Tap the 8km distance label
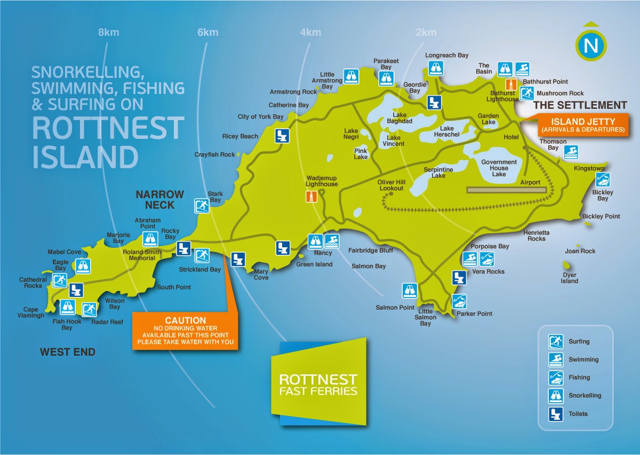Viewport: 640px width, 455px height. (x=108, y=33)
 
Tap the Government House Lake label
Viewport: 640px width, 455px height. (x=499, y=168)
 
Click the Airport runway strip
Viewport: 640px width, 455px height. (x=507, y=190)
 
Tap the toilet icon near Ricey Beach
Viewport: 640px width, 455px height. (x=282, y=136)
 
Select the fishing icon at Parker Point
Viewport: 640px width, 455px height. (x=459, y=301)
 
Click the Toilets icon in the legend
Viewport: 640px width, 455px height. (x=556, y=413)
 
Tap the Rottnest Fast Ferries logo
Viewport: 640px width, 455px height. (x=318, y=383)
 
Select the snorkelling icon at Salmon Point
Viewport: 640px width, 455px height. (x=409, y=291)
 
